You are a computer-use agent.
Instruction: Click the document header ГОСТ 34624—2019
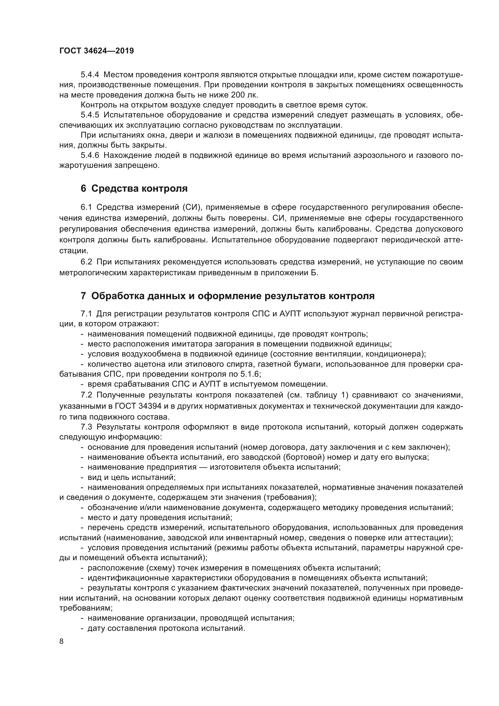coord(97,51)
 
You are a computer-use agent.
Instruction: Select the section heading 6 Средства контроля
coord(134,188)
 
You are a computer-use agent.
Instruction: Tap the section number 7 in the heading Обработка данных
coord(83,296)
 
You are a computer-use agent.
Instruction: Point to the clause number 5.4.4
coord(90,75)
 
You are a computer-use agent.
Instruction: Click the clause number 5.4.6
coord(90,155)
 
